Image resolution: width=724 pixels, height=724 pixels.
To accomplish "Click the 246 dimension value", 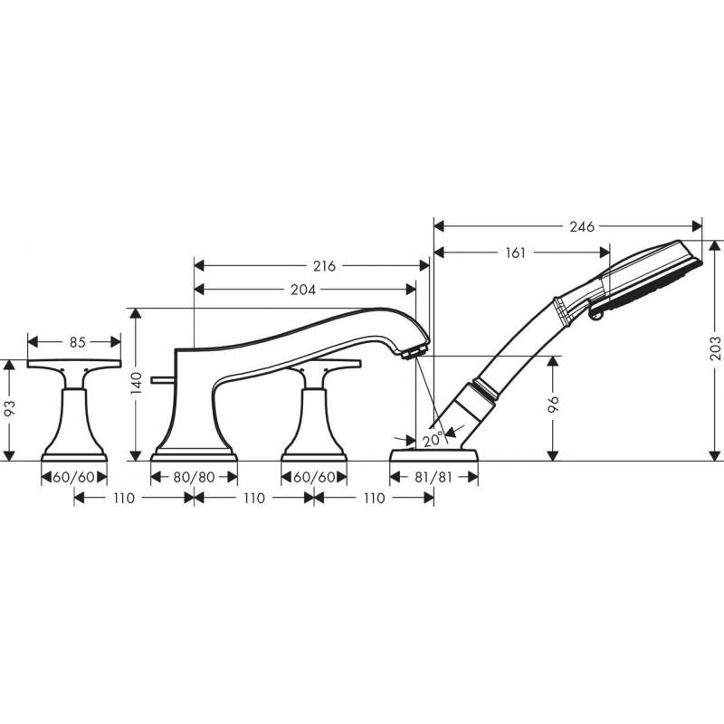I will pyautogui.click(x=583, y=227).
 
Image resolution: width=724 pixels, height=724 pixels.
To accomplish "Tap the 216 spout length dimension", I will pyautogui.click(x=324, y=266).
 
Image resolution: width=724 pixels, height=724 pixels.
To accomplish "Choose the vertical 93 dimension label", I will pyautogui.click(x=11, y=408).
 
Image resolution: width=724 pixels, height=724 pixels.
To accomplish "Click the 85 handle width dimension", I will pyautogui.click(x=76, y=342).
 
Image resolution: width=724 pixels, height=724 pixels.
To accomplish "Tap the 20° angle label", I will pyautogui.click(x=433, y=439).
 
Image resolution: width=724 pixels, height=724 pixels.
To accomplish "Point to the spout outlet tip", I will pyautogui.click(x=417, y=349).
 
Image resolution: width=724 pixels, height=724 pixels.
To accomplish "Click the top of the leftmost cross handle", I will pyautogui.click(x=75, y=364).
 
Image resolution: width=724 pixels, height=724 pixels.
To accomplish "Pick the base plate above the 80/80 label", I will pyautogui.click(x=194, y=454).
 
